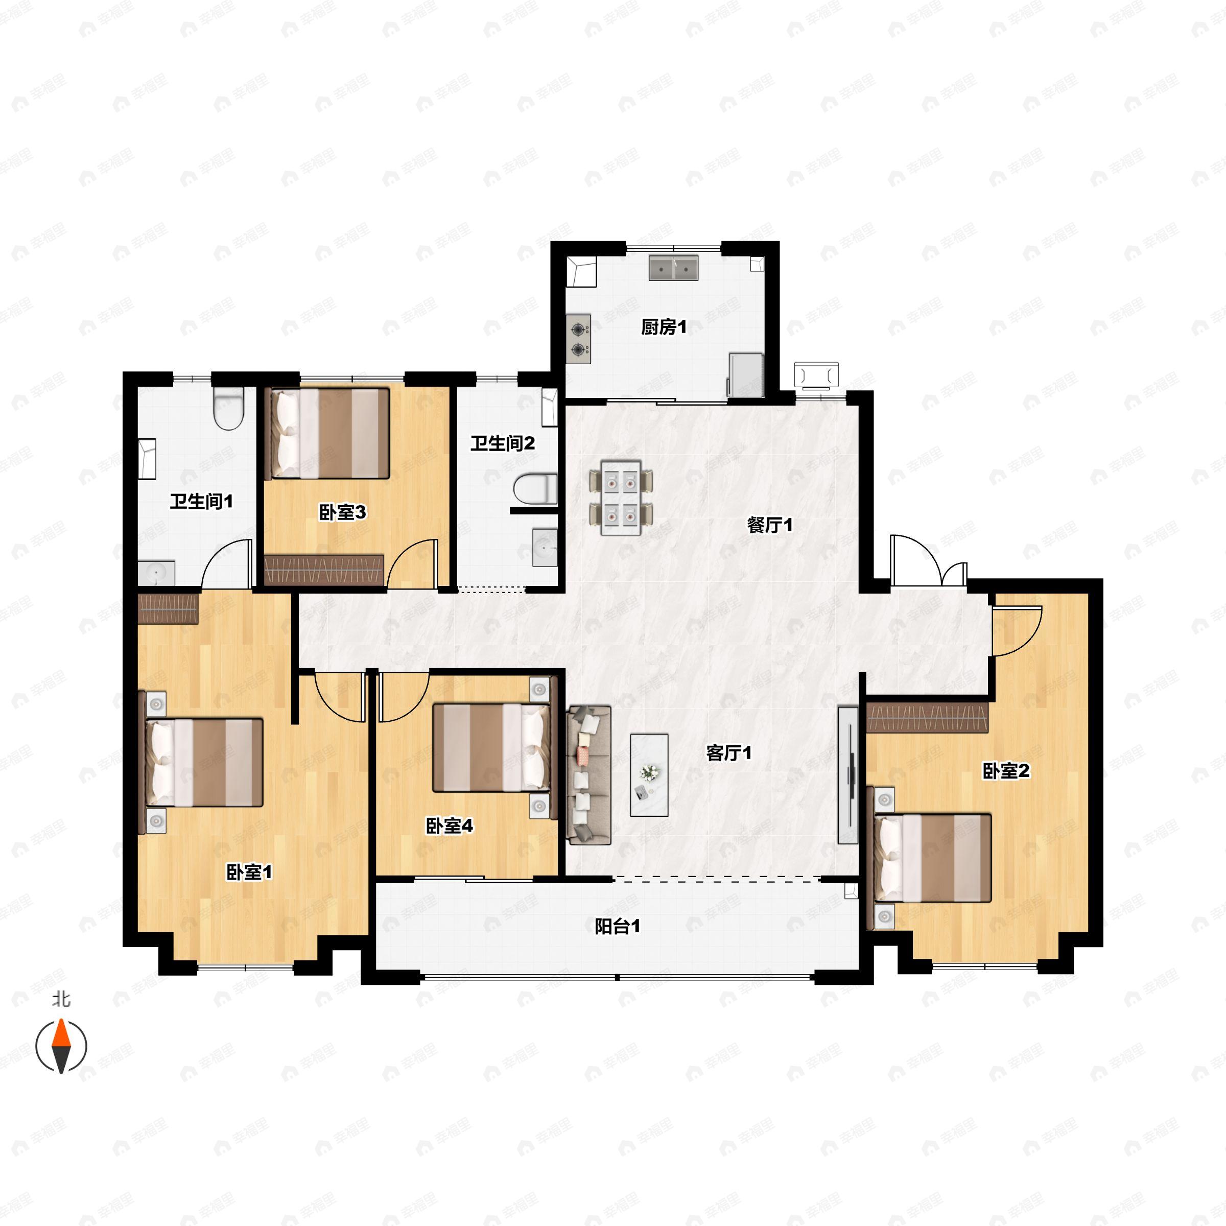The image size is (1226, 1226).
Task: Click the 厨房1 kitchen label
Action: (664, 327)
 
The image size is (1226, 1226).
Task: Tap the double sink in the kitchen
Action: (673, 268)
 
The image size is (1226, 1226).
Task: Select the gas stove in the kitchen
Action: (578, 340)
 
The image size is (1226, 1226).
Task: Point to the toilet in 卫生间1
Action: (228, 409)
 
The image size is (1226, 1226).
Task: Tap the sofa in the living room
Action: (590, 775)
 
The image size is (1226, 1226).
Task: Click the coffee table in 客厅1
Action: (649, 775)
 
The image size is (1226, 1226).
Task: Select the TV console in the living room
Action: (848, 775)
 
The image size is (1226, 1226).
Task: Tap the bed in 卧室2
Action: (932, 858)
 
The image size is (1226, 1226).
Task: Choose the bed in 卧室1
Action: (202, 762)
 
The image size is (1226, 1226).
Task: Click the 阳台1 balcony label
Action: (617, 927)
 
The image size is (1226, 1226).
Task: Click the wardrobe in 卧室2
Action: (927, 717)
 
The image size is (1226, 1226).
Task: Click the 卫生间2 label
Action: (503, 443)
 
